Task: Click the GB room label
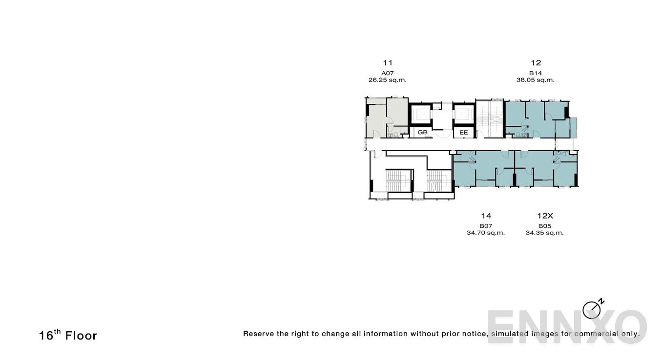(422, 132)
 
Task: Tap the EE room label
(463, 132)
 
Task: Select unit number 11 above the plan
(388, 63)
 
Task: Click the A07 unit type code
(388, 73)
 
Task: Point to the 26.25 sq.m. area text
(388, 80)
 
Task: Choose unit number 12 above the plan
(536, 63)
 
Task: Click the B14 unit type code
(536, 73)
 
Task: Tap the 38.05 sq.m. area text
(536, 80)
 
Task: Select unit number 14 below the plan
(486, 216)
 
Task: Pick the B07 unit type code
(486, 226)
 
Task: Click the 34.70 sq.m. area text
(486, 233)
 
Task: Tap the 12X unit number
(545, 216)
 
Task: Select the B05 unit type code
(545, 226)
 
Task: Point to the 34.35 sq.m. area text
(545, 233)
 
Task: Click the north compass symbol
(592, 309)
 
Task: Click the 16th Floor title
(68, 335)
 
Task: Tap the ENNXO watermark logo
(567, 326)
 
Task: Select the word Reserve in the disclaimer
(258, 334)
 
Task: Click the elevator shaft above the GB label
(420, 115)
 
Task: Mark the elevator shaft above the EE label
(463, 115)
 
